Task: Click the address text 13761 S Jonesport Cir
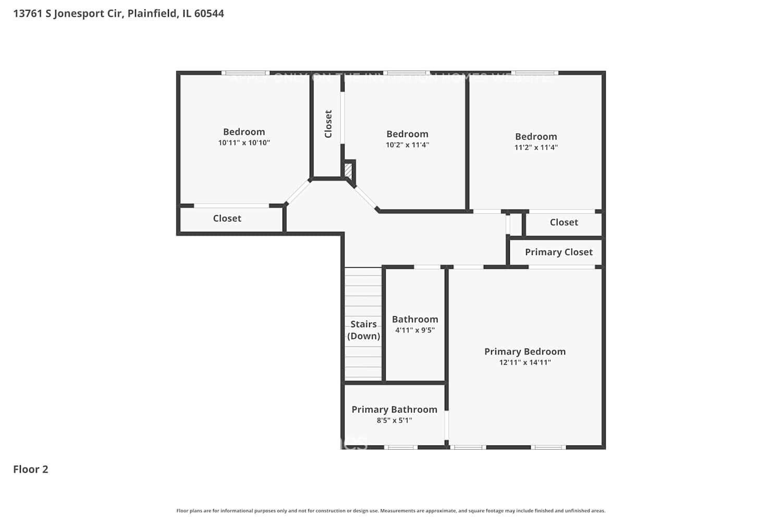(68, 14)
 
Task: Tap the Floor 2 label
(31, 469)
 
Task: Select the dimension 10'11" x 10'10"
(244, 143)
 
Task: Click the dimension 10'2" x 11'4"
(407, 145)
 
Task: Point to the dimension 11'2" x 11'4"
(536, 147)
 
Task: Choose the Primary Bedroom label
(524, 352)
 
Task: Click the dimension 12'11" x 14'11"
(524, 363)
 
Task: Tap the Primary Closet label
(558, 252)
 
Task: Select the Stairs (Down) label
(363, 330)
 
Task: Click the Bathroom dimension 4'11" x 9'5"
(414, 330)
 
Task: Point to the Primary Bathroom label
(394, 410)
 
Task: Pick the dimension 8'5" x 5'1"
(394, 420)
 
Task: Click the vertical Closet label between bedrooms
(328, 124)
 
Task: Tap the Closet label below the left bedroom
(227, 218)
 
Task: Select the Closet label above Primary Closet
(564, 222)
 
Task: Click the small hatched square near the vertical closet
(348, 170)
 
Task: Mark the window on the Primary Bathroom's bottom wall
(401, 447)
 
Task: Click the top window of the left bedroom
(245, 73)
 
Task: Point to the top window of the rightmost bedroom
(534, 73)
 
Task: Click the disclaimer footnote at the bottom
(391, 511)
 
